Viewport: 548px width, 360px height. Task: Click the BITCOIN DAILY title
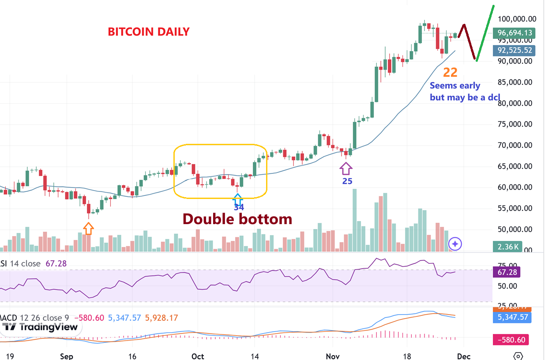(149, 32)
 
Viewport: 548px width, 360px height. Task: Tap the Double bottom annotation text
(237, 219)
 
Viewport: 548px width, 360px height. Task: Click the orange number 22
(450, 72)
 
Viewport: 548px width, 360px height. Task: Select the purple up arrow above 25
(346, 168)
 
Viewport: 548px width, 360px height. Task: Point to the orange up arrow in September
(88, 228)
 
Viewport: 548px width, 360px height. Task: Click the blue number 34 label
(239, 207)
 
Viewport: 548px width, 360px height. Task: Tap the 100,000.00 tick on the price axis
(517, 19)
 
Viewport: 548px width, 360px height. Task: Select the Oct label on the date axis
(198, 356)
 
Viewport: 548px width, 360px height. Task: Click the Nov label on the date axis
(332, 356)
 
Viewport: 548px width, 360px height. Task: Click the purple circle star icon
(455, 244)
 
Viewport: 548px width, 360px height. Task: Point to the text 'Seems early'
(455, 86)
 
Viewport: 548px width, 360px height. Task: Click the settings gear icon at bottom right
(518, 356)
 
